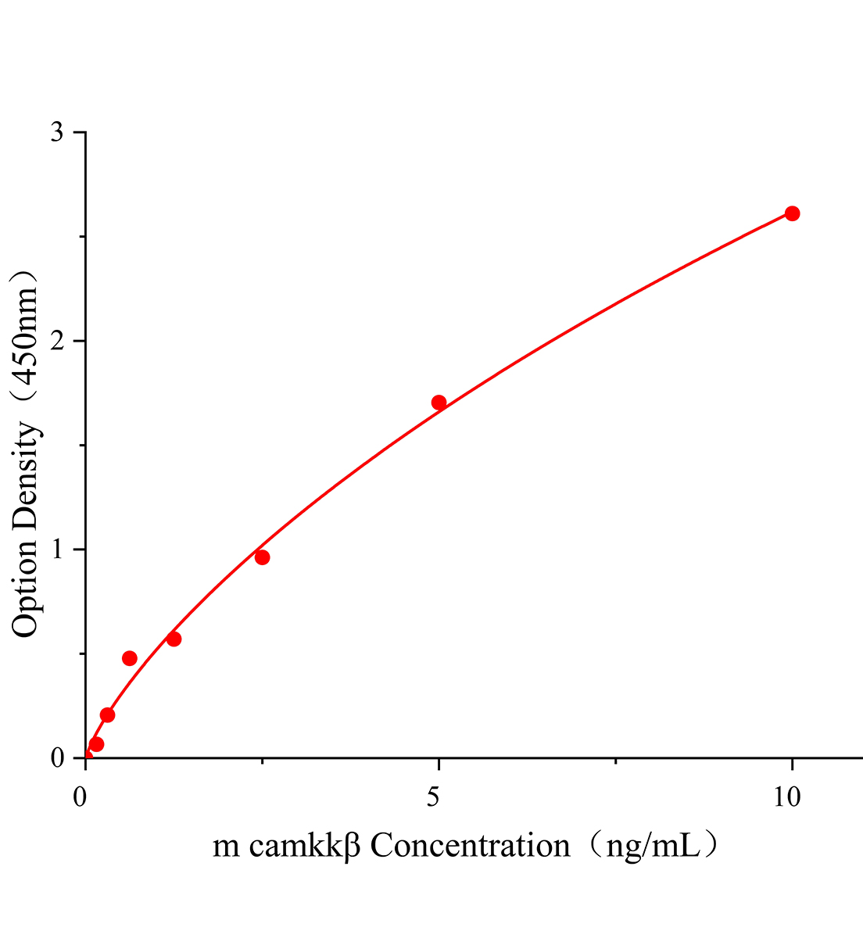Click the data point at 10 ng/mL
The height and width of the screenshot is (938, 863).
tap(792, 213)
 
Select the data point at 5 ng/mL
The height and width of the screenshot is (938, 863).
tap(439, 403)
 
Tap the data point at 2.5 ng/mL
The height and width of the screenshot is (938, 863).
tap(262, 557)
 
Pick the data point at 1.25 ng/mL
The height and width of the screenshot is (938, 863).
tap(174, 639)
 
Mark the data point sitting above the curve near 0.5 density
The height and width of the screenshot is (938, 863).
tap(130, 658)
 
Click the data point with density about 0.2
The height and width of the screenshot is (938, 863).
tap(107, 714)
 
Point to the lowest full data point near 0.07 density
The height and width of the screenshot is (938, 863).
tap(96, 744)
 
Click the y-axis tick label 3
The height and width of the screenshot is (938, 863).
tap(57, 133)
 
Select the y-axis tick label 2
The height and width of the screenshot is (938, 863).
tap(57, 342)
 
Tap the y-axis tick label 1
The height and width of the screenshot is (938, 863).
tap(57, 550)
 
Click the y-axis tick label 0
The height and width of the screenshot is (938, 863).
tap(57, 758)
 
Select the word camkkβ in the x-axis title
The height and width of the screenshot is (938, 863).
tap(305, 846)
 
